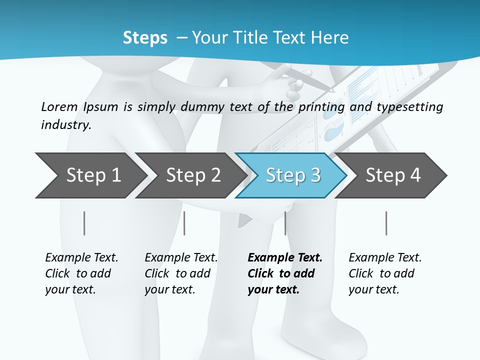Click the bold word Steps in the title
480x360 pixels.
tap(145, 38)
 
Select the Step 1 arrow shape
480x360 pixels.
tap(90, 175)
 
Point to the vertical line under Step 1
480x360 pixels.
tap(84, 223)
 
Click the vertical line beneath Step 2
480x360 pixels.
tap(184, 223)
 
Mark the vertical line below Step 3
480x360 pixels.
tap(285, 223)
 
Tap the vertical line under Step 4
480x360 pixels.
tap(386, 223)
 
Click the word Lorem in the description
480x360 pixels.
tap(59, 107)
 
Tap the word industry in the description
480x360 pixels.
tap(66, 125)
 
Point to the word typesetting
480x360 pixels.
tap(410, 107)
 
